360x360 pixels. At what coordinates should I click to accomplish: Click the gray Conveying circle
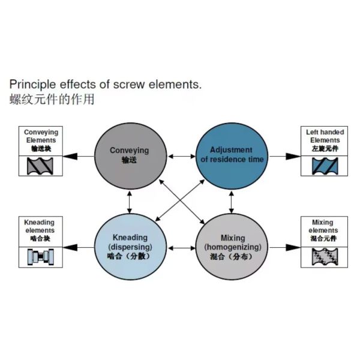coord(130,156)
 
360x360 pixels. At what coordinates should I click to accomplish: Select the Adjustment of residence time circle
coord(232,156)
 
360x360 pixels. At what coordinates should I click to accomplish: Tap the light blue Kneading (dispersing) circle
coord(130,247)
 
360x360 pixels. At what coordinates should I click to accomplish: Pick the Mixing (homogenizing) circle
coord(232,247)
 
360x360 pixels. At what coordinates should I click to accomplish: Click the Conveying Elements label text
coord(41,136)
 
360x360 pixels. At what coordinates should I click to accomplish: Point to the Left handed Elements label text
coord(325,136)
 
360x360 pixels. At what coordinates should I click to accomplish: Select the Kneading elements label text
coord(40,226)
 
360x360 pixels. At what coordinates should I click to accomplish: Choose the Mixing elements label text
coord(323,226)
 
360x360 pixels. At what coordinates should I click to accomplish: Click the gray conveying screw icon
coord(40,166)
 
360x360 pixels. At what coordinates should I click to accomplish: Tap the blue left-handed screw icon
coord(325,166)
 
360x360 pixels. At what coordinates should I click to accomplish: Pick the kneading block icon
coord(41,257)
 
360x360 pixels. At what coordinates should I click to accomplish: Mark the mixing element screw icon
coord(325,257)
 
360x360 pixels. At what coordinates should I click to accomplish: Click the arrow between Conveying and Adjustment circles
coord(181,157)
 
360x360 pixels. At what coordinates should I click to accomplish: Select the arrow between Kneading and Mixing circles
coord(181,248)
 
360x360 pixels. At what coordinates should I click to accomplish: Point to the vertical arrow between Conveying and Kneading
coord(130,202)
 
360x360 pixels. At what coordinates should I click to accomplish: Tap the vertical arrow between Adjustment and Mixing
coord(232,202)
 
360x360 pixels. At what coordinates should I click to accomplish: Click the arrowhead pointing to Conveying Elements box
coord(70,157)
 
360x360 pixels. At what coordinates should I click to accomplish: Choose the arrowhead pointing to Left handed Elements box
coord(293,157)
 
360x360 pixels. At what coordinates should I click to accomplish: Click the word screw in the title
coord(129,85)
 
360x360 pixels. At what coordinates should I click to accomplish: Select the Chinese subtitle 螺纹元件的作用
coord(52,100)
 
